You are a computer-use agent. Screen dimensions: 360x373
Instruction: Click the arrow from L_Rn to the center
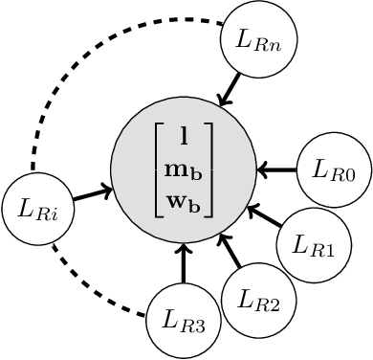233,85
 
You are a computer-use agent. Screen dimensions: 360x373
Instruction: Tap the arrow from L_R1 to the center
265,215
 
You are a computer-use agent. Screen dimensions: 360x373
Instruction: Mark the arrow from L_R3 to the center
184,269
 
